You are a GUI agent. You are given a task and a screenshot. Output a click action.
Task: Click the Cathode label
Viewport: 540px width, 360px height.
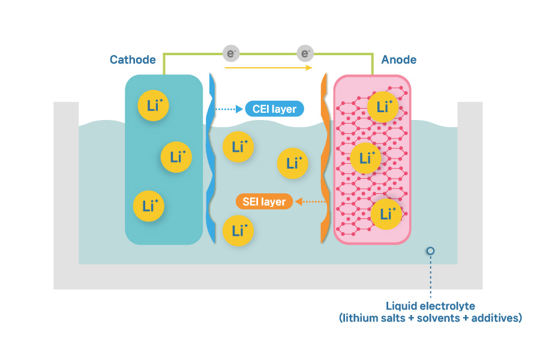click(x=133, y=59)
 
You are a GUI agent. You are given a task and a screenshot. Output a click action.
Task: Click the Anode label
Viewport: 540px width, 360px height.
click(x=399, y=59)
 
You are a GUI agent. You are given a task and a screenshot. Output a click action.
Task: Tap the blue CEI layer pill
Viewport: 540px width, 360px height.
click(x=275, y=109)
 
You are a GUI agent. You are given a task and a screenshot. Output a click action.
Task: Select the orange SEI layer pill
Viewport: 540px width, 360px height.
click(x=264, y=202)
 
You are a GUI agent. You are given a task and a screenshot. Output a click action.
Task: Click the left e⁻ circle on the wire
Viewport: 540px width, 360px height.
click(x=231, y=53)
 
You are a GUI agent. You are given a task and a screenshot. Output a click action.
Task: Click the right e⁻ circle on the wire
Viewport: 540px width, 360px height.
click(x=306, y=53)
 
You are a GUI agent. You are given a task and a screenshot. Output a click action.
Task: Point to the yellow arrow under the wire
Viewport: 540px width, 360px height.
click(x=269, y=68)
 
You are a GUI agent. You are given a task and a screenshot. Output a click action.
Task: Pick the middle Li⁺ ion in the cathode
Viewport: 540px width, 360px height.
click(x=176, y=157)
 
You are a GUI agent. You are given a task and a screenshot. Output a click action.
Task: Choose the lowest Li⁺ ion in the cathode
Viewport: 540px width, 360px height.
click(x=148, y=206)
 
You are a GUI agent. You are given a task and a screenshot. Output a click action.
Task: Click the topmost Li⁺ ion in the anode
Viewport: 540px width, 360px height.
click(x=383, y=107)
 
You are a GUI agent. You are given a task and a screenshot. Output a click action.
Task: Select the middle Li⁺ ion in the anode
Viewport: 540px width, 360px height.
click(x=365, y=158)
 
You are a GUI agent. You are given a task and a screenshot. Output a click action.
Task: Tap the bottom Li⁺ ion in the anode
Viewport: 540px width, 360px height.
click(x=386, y=214)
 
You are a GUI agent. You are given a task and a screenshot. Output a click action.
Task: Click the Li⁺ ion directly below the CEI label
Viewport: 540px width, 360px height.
click(x=238, y=146)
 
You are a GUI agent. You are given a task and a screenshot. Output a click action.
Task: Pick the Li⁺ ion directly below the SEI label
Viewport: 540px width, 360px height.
click(x=238, y=230)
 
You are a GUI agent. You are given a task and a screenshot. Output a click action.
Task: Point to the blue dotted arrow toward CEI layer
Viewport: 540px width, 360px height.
click(x=229, y=109)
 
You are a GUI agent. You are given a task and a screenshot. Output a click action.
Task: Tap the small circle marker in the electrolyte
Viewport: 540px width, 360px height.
click(x=430, y=251)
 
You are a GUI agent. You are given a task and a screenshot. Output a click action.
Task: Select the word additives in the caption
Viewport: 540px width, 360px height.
click(x=499, y=318)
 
